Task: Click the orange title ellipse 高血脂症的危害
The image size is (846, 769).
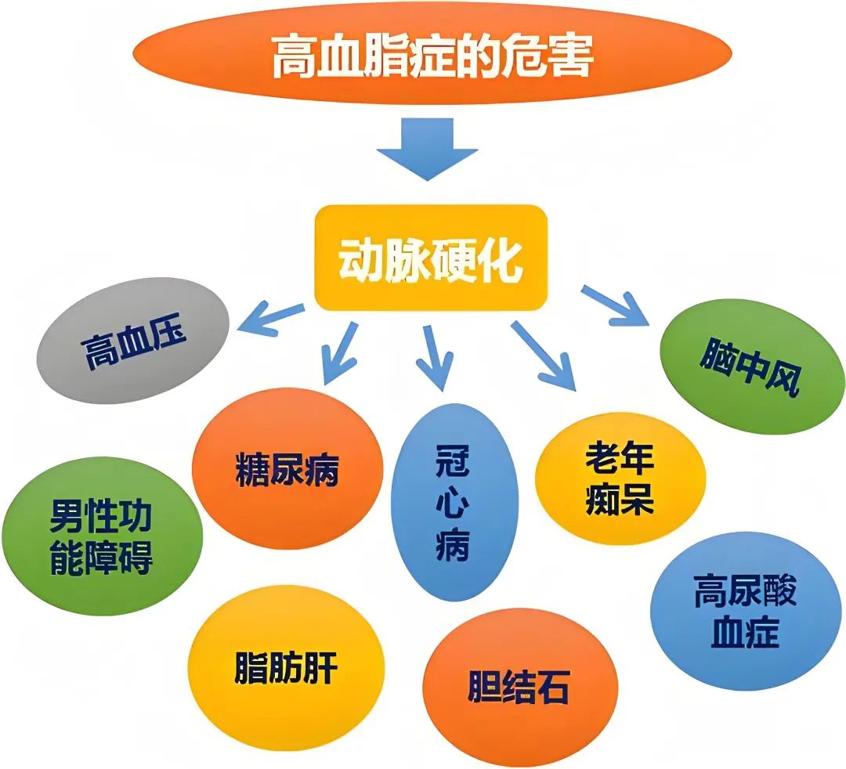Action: [430, 56]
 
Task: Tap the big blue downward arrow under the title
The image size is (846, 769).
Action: [427, 147]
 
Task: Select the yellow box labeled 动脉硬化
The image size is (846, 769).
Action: [430, 258]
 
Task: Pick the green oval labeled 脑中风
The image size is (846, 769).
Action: [750, 366]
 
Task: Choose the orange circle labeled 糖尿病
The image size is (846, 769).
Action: [287, 468]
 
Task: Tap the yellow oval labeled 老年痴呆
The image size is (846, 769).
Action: [619, 479]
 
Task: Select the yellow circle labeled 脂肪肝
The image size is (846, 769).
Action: [287, 668]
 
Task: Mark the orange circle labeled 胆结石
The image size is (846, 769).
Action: [518, 688]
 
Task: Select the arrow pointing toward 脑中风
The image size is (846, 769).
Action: [616, 305]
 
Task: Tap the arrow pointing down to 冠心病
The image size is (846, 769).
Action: [433, 356]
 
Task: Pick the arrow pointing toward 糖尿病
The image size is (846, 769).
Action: [339, 353]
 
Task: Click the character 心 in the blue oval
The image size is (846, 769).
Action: [453, 501]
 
